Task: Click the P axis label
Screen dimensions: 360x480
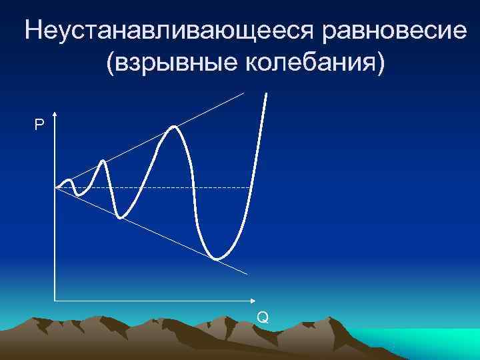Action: point(40,125)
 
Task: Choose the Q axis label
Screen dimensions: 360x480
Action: point(263,317)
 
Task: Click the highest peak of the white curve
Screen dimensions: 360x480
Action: point(174,127)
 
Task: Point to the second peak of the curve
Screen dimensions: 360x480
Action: point(103,161)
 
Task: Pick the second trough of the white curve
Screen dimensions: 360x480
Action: point(121,217)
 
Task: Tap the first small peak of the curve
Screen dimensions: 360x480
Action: point(69,180)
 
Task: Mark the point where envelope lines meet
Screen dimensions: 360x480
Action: point(56,189)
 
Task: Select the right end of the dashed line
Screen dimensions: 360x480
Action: point(251,189)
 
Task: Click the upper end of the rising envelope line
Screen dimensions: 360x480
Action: point(244,93)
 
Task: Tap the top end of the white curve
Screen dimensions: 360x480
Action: point(267,93)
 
